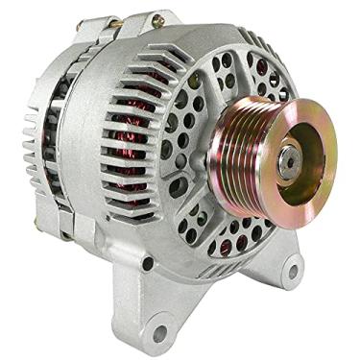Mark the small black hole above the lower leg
pyautogui.click(x=147, y=260)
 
